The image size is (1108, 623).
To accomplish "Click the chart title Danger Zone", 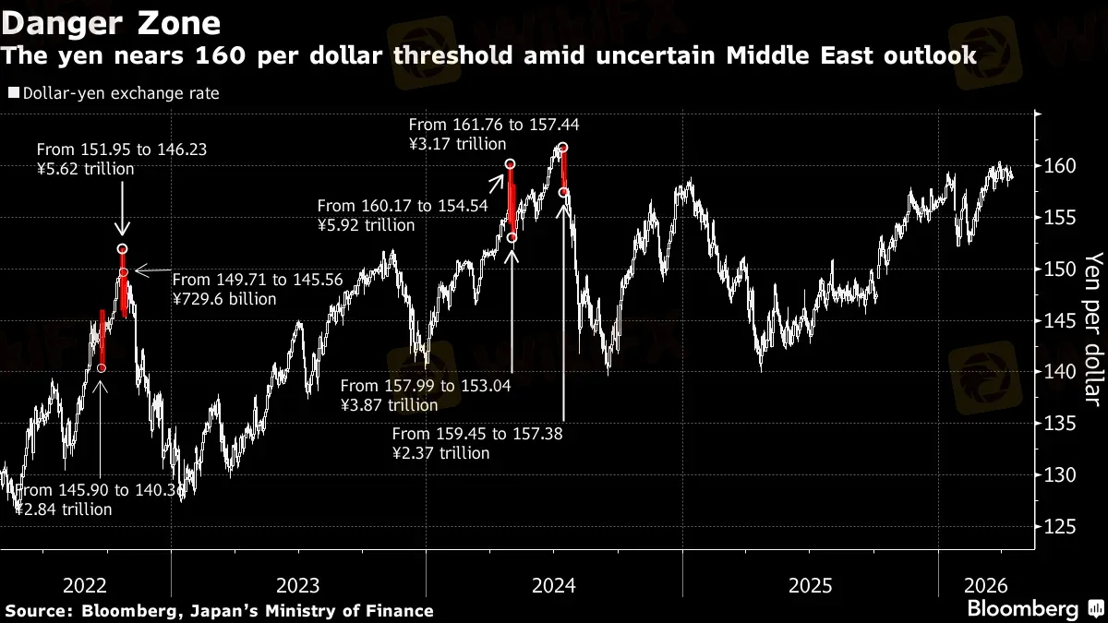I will click(112, 21).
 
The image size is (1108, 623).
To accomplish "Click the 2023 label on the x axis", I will click(297, 585).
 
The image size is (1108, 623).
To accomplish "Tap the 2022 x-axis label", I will click(85, 585).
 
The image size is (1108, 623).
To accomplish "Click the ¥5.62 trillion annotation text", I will click(86, 169).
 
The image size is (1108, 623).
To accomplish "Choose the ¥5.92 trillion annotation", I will click(366, 225).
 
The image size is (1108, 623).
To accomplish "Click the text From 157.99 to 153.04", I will click(425, 386).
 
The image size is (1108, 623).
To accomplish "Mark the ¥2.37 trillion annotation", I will click(440, 453).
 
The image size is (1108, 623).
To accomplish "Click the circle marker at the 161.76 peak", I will click(563, 148).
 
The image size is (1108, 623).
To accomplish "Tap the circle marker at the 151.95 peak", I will click(123, 249).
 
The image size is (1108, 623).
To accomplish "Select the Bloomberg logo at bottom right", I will click(1022, 609).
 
